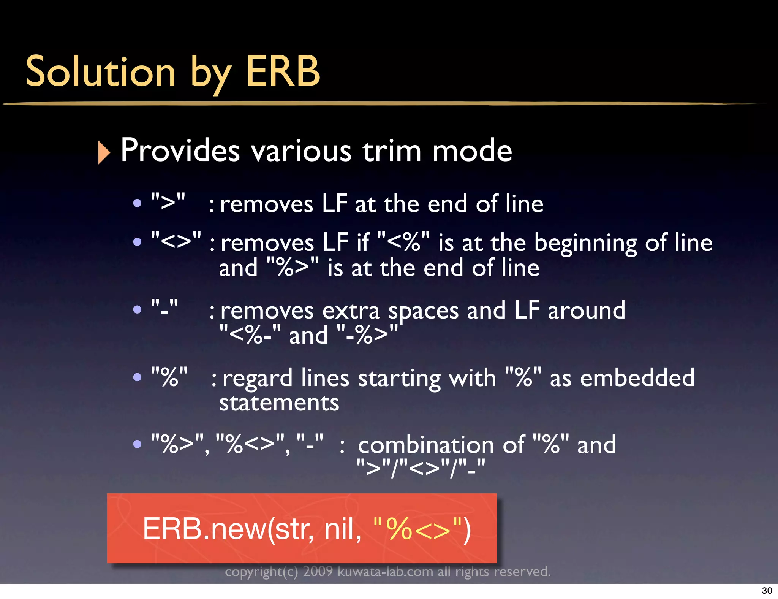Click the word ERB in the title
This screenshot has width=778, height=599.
[x=283, y=71]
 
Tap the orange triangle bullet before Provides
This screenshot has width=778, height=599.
[x=104, y=152]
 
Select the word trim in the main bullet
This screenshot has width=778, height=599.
[x=392, y=151]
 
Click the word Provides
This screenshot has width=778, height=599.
[x=180, y=151]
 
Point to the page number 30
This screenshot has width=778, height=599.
[x=767, y=591]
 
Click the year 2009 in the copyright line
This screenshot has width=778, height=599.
[x=318, y=571]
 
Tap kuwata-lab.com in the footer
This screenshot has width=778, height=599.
[x=385, y=571]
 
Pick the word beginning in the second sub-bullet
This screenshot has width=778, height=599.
[x=585, y=243]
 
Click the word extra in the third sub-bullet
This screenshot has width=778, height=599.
[x=351, y=311]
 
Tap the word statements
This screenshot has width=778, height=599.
[x=279, y=403]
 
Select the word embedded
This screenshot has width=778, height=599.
[x=637, y=378]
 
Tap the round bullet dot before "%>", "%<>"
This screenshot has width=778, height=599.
[x=137, y=444]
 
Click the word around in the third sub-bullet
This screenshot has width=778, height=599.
[x=586, y=311]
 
